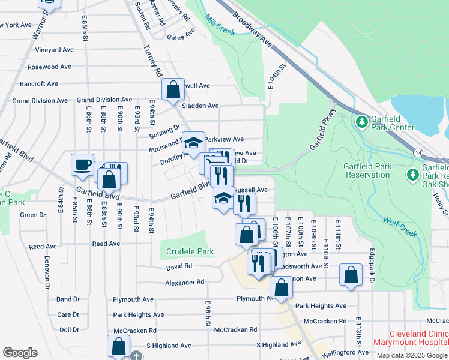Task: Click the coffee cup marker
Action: pyautogui.click(x=82, y=164)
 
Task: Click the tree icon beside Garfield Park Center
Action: pyautogui.click(x=361, y=122)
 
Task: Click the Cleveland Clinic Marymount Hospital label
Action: pyautogui.click(x=411, y=338)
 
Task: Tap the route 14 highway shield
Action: pyautogui.click(x=417, y=154)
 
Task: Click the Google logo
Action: pyautogui.click(x=20, y=353)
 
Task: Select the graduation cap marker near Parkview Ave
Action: pyautogui.click(x=193, y=142)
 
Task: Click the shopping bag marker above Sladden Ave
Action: pyautogui.click(x=173, y=90)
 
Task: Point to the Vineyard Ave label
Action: pyautogui.click(x=54, y=50)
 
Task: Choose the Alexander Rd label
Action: pyautogui.click(x=185, y=282)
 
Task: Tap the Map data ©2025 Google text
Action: pyautogui.click(x=412, y=355)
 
